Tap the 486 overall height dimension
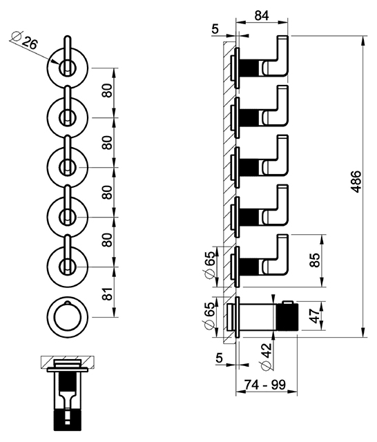pos(356,181)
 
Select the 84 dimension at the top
pos(262,16)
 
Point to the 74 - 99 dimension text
pos(265,385)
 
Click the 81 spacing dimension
pos(108,294)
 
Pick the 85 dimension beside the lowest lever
pos(315,260)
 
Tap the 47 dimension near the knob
pos(315,316)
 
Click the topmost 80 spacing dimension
pos(108,90)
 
